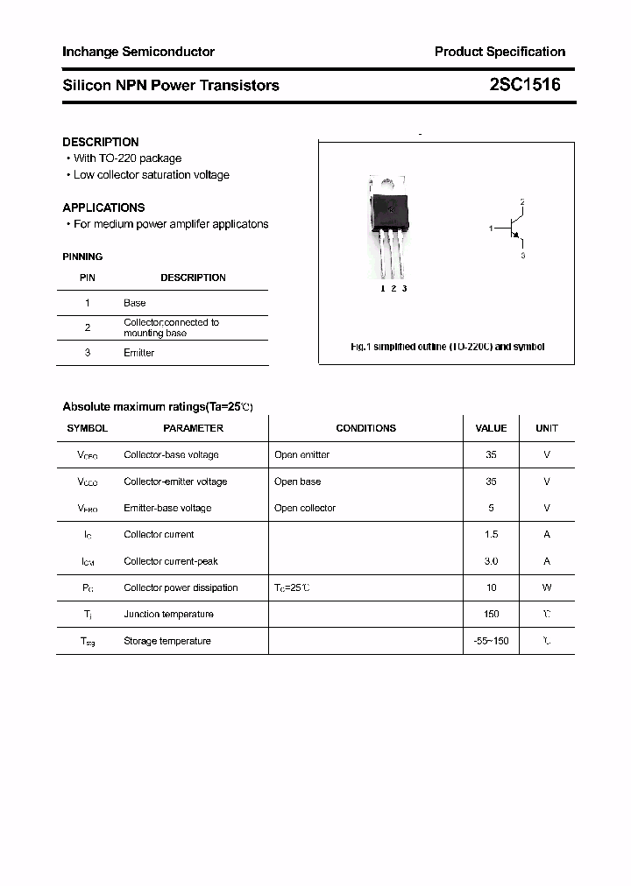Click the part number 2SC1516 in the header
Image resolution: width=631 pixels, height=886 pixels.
click(x=525, y=85)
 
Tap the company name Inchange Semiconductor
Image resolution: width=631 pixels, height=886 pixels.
click(x=138, y=52)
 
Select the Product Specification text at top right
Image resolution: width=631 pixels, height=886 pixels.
click(x=500, y=52)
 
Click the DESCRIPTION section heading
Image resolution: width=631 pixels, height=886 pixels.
click(x=101, y=142)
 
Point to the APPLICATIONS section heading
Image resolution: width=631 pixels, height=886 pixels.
click(x=103, y=207)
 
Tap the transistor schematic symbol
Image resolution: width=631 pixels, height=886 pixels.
click(x=514, y=229)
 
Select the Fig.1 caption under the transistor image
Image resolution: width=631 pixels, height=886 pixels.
click(x=447, y=347)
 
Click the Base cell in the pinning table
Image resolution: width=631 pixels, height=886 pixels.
click(x=135, y=303)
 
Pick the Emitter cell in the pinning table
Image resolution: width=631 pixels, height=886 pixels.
click(x=138, y=353)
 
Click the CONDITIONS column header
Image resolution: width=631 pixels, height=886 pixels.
click(x=365, y=428)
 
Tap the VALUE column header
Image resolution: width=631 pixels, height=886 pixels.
click(x=491, y=428)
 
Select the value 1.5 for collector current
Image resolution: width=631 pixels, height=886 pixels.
click(x=491, y=534)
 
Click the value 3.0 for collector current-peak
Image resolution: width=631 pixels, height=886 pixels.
click(x=491, y=561)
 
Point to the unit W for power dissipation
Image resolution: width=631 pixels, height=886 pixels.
click(x=547, y=587)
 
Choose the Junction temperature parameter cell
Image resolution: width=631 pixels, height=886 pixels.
click(x=168, y=615)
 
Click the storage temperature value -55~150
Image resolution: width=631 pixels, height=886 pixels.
click(x=491, y=641)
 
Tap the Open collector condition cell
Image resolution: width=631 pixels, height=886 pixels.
click(x=304, y=508)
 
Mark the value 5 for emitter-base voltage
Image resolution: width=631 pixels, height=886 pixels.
click(x=491, y=508)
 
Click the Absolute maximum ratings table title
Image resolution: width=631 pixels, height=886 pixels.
click(x=158, y=407)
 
